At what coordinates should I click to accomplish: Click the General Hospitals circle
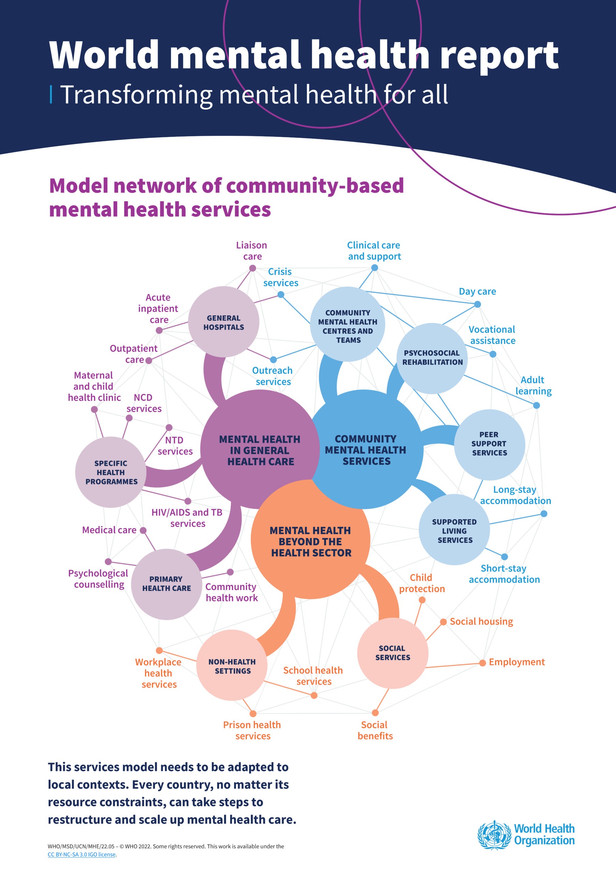224,322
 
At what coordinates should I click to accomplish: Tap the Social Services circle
393,653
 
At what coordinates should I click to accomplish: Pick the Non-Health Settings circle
232,666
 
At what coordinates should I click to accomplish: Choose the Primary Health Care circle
166,584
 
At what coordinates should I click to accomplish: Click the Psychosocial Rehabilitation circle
432,358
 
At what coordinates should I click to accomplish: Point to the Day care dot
477,304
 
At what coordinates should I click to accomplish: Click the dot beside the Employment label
482,663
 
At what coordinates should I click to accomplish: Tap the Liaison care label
252,251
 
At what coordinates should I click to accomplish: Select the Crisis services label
281,277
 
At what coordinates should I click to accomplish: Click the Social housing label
481,621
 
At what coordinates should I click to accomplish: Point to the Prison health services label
252,730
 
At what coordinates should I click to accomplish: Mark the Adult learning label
533,386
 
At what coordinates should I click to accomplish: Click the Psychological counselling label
98,579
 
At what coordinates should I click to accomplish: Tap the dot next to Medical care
143,530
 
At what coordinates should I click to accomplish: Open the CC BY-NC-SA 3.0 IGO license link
82,855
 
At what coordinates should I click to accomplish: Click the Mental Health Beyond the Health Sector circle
311,541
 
